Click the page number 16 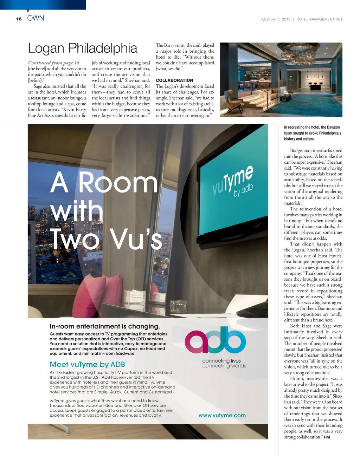click(x=19, y=19)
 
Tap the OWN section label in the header click(x=36, y=18)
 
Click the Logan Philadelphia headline click(x=83, y=48)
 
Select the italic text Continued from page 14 click(x=54, y=63)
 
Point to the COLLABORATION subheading click(x=174, y=80)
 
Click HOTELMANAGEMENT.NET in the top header click(x=319, y=20)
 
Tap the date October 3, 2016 click(x=276, y=20)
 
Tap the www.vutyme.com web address click(x=222, y=415)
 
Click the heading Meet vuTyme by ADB click(x=87, y=365)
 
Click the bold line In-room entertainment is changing click(x=105, y=326)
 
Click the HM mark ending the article click(x=327, y=437)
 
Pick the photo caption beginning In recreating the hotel click(x=312, y=133)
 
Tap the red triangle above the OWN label click(x=28, y=11)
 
